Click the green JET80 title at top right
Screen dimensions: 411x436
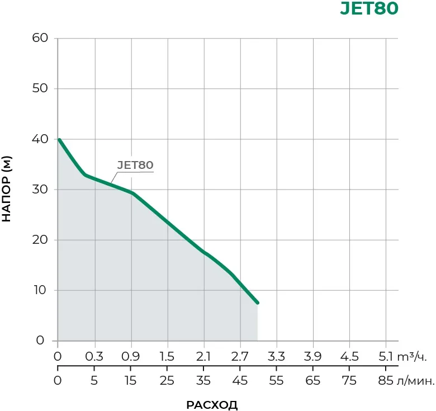click(369, 10)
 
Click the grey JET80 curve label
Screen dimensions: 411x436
click(135, 165)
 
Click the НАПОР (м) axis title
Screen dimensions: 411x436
click(7, 190)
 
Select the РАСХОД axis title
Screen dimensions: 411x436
click(212, 405)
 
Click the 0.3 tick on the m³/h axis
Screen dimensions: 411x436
click(94, 357)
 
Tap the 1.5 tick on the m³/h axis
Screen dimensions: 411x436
click(167, 357)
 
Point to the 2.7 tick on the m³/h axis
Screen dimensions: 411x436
click(240, 357)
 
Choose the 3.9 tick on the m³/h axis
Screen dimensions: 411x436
click(313, 357)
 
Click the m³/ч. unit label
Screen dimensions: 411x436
click(415, 357)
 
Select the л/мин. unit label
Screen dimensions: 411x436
click(415, 381)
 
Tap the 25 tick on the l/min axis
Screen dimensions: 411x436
click(167, 381)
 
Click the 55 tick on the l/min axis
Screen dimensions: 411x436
click(277, 381)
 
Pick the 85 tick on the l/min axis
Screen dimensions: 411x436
click(386, 381)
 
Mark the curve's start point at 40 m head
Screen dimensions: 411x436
click(59, 139)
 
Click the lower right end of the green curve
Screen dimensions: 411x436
click(258, 303)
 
